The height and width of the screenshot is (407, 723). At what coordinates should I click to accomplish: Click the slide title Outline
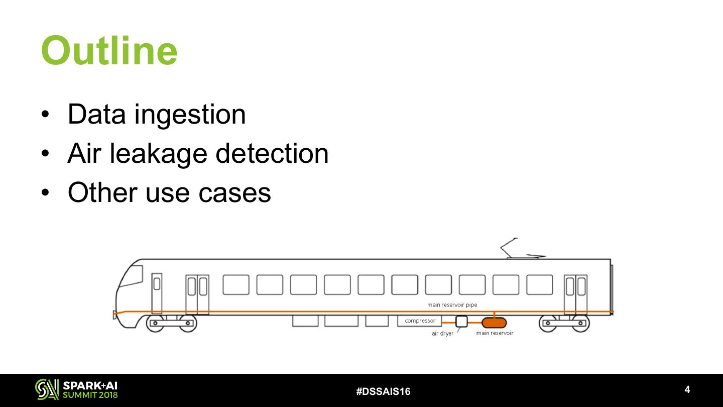[x=109, y=51]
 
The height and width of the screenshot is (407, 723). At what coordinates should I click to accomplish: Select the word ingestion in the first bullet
[x=190, y=114]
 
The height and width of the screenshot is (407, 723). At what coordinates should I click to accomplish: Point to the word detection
[x=272, y=153]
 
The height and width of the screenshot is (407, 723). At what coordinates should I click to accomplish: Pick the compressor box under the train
[x=420, y=321]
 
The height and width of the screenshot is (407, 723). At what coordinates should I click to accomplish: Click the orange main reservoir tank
[x=494, y=323]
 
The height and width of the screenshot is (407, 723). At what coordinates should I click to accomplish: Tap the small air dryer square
[x=461, y=322]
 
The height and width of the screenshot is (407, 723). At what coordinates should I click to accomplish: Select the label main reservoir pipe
[x=452, y=305]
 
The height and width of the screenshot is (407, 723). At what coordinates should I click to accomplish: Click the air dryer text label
[x=442, y=334]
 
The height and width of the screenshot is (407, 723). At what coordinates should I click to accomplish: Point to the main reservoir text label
[x=495, y=333]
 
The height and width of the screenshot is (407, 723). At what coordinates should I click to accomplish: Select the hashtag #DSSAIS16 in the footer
[x=383, y=391]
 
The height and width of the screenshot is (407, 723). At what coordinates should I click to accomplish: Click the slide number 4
[x=687, y=389]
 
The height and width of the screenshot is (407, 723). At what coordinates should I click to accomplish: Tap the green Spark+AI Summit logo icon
[x=47, y=389]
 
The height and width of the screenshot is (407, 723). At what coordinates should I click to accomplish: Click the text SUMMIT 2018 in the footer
[x=90, y=395]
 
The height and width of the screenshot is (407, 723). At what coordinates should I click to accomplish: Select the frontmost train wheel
[x=155, y=323]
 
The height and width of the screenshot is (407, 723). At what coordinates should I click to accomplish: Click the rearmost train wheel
[x=581, y=323]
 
